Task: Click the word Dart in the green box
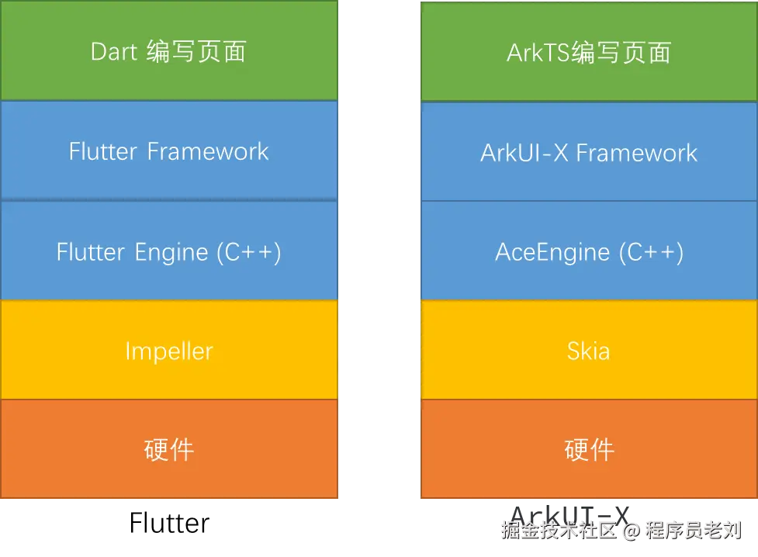pyautogui.click(x=114, y=52)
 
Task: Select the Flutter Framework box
pyautogui.click(x=168, y=150)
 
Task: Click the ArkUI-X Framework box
pyautogui.click(x=588, y=152)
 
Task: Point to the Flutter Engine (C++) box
pyautogui.click(x=168, y=251)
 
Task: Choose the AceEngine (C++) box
pyautogui.click(x=588, y=251)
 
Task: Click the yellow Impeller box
pyautogui.click(x=168, y=351)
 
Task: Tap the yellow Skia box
pyautogui.click(x=588, y=351)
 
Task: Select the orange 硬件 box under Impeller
pyautogui.click(x=168, y=449)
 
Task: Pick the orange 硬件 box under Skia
pyautogui.click(x=588, y=449)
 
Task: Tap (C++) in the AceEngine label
pyautogui.click(x=651, y=251)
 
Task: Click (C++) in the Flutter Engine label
pyautogui.click(x=248, y=251)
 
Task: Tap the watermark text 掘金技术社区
pyautogui.click(x=559, y=531)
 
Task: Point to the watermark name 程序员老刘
pyautogui.click(x=692, y=531)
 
